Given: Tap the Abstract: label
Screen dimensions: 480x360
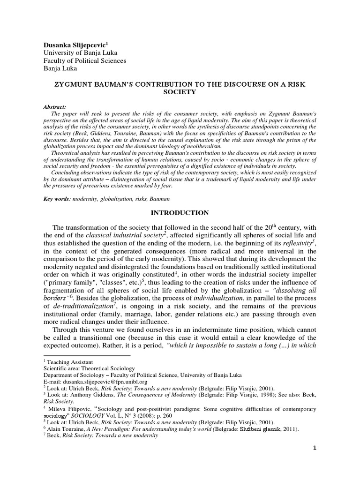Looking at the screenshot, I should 55,107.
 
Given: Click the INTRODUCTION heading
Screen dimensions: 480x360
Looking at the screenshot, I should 179,213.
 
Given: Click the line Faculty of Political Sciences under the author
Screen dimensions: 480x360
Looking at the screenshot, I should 84,60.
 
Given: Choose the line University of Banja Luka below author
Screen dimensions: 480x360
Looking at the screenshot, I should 80,52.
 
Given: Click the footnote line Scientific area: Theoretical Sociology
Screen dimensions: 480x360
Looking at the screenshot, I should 89,368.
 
